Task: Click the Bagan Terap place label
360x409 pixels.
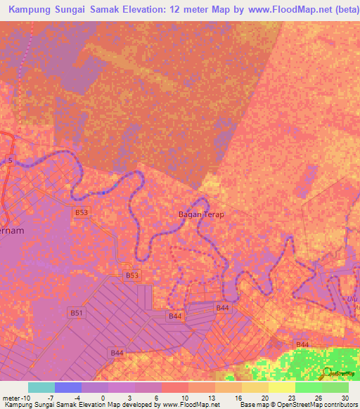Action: tap(200, 214)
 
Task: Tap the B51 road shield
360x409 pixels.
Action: tap(76, 313)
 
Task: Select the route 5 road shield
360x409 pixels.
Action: tap(11, 160)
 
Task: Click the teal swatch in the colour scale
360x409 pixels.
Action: tap(41, 387)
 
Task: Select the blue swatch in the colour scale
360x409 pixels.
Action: tap(68, 387)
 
